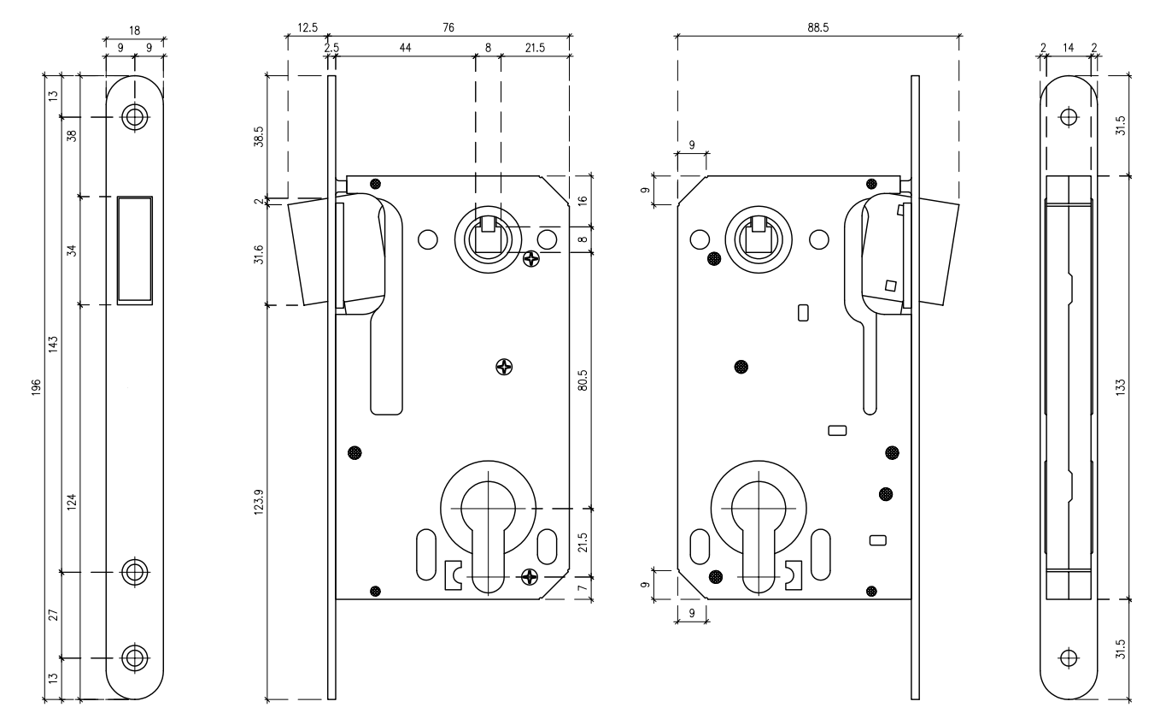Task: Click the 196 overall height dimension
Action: point(37,389)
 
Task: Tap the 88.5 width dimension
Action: point(818,27)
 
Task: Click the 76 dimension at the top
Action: point(448,27)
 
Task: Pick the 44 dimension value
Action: point(405,49)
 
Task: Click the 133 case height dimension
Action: point(1120,386)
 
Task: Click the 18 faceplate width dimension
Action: point(134,29)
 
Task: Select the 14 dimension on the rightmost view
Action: point(1067,49)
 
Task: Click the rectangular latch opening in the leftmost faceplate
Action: point(134,250)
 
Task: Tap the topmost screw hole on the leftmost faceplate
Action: point(134,117)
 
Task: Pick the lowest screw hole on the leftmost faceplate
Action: point(134,657)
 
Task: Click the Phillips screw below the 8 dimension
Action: point(530,257)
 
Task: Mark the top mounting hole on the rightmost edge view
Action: point(1067,117)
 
